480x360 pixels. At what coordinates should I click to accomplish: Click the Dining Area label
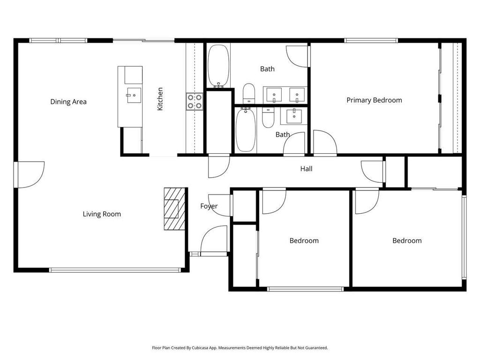[x=68, y=102]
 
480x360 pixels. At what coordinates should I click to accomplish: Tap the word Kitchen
[x=160, y=99]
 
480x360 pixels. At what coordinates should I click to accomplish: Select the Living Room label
[x=102, y=214]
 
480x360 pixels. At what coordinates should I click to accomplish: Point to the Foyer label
[x=209, y=206]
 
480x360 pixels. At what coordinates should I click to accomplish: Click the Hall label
[x=306, y=169]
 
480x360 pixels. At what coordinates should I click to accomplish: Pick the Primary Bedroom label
[x=374, y=100]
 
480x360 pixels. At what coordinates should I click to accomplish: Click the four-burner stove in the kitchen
[x=195, y=102]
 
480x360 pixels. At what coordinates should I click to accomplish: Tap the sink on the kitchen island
[x=133, y=95]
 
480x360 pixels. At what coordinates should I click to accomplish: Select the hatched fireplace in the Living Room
[x=174, y=209]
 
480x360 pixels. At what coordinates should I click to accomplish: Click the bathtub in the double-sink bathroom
[x=218, y=66]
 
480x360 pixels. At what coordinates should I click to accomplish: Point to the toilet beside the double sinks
[x=249, y=93]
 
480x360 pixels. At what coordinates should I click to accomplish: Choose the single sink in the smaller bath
[x=294, y=115]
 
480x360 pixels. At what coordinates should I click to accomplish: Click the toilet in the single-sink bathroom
[x=269, y=118]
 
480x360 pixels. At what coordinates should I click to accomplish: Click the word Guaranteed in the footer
[x=316, y=348]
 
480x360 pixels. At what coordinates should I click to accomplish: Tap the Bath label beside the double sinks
[x=267, y=69]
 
